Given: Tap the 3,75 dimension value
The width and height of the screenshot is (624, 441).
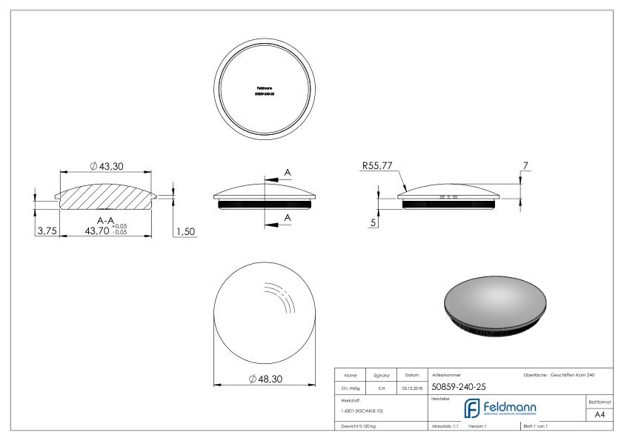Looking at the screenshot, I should pos(46,231).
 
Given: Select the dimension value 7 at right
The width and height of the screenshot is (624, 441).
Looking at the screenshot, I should pos(525,165).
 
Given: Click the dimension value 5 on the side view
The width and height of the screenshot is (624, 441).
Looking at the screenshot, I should pos(374,222).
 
